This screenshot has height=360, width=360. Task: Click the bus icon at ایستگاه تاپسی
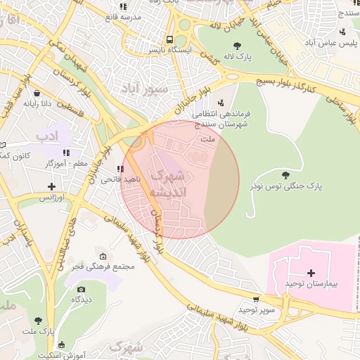point(170,39)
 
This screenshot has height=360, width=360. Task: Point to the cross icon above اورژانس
point(51,186)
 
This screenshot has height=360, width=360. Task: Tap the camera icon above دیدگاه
point(81,289)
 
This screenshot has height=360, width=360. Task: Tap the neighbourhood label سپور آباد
point(144,89)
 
